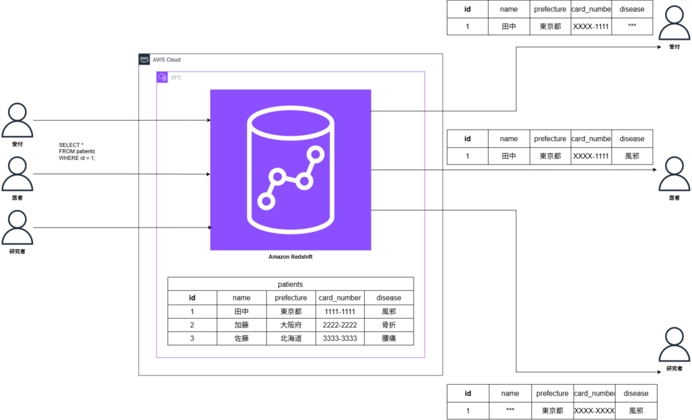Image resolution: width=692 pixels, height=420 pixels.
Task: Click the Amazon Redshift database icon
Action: point(291,170)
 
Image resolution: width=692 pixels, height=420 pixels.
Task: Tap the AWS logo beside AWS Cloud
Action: point(145,59)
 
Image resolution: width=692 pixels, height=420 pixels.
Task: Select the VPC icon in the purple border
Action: point(162,77)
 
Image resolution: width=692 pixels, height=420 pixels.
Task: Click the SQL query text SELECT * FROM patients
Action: point(77,151)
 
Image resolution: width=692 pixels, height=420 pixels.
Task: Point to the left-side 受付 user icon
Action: point(17,120)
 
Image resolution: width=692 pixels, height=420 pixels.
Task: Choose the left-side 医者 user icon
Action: point(17,174)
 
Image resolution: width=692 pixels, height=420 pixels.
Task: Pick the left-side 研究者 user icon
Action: point(17,228)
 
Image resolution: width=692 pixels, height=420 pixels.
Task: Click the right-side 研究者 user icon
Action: point(674,344)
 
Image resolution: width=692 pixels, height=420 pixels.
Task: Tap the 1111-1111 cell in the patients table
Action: point(340,311)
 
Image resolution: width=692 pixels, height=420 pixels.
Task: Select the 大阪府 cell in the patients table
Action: point(291,325)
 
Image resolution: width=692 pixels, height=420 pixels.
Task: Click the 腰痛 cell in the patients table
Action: point(389,338)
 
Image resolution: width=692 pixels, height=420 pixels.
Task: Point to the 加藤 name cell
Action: point(241,325)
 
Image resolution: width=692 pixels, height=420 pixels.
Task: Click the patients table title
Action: point(291,284)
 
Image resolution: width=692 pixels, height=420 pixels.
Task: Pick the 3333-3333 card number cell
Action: point(340,338)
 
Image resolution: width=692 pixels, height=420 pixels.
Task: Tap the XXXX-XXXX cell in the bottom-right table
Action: point(594,411)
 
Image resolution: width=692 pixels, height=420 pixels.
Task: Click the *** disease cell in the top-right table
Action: point(632,26)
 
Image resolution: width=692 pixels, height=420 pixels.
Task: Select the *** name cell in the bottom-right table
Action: point(510,411)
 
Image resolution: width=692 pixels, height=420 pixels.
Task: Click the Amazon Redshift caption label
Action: point(291,257)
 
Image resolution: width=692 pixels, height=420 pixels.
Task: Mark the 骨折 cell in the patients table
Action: point(389,325)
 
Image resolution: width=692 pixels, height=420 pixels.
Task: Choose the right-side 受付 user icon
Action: point(674,23)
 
